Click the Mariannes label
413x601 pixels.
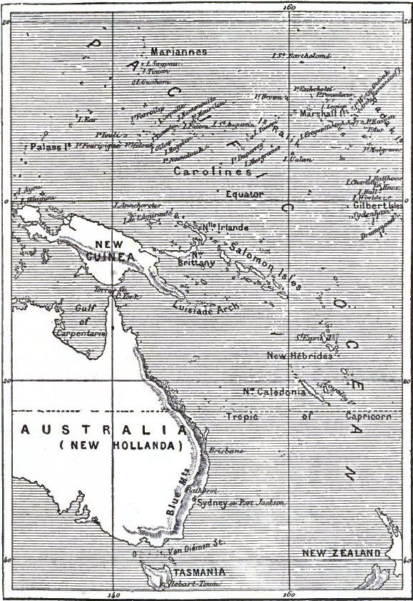(178, 52)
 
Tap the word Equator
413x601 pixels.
(245, 194)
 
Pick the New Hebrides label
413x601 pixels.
(300, 355)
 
